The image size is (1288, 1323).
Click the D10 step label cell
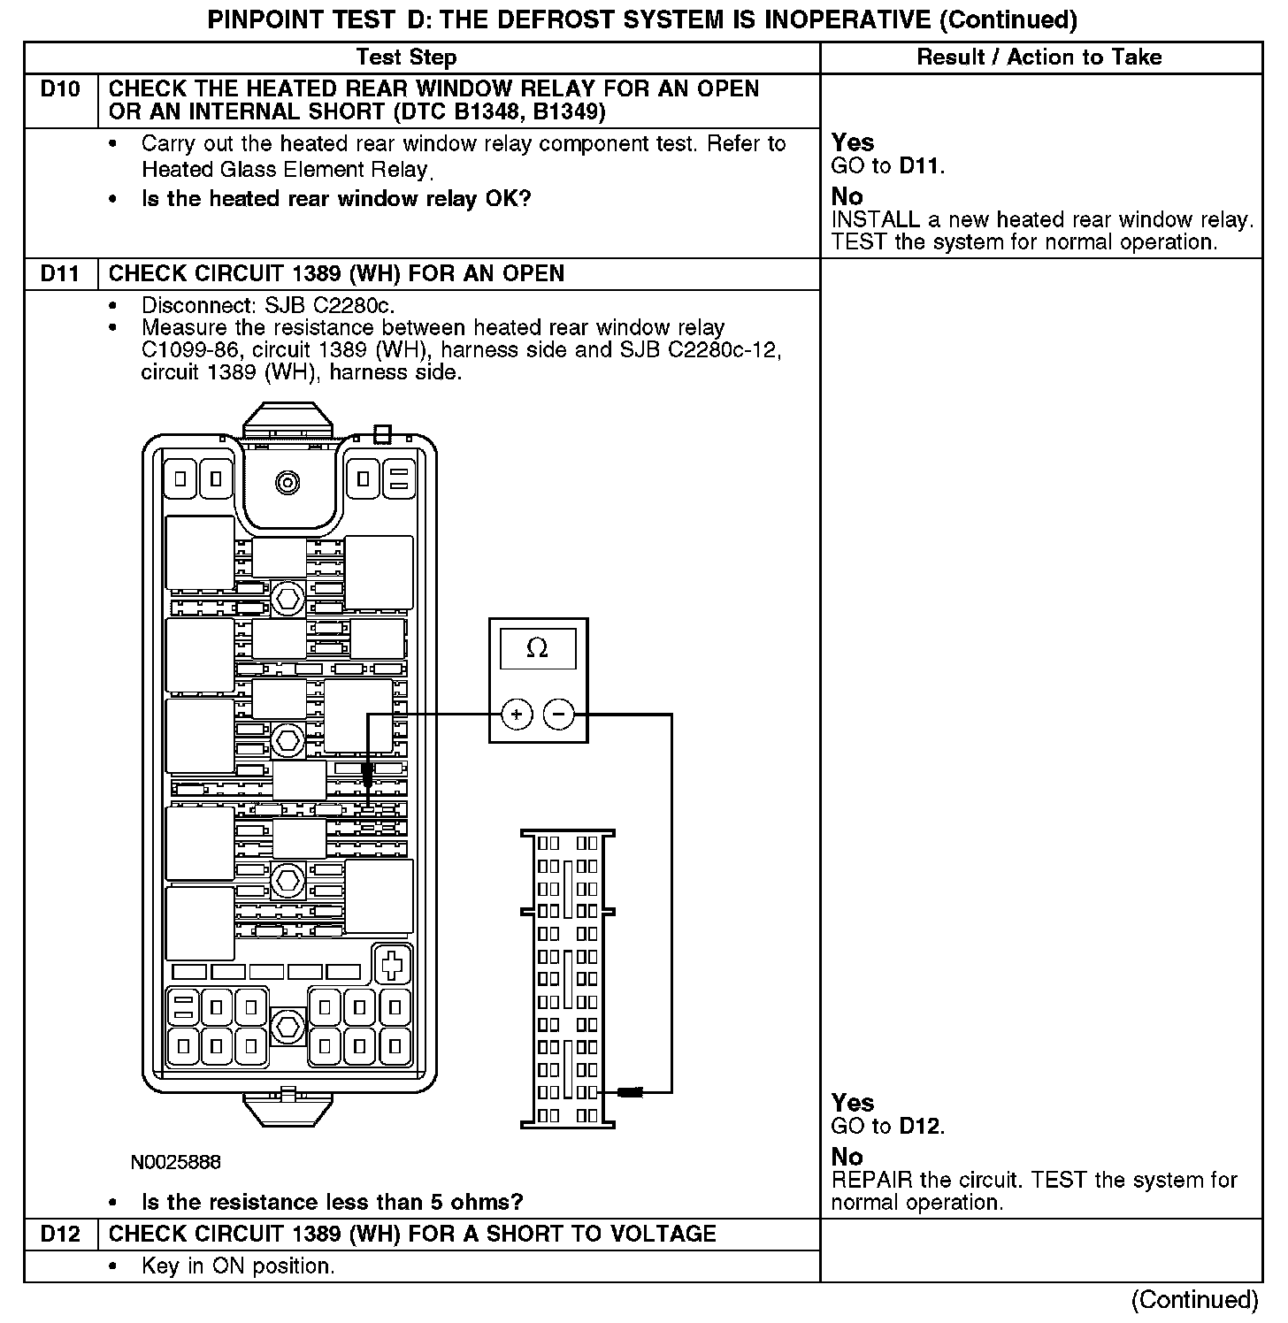(60, 89)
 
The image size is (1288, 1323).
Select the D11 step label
(60, 273)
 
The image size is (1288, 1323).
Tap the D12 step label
(60, 1234)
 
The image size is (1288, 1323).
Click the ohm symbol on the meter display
(537, 649)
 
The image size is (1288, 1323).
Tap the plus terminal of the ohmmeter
(517, 714)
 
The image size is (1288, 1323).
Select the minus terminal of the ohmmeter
(558, 714)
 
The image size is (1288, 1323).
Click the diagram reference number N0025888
(175, 1161)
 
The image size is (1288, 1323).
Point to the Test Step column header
(406, 57)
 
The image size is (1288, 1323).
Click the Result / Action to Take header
(1039, 57)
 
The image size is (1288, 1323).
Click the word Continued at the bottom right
(1194, 1300)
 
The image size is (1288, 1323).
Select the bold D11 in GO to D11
(920, 165)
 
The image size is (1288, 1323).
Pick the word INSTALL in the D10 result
(876, 219)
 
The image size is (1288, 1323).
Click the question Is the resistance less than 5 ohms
(332, 1202)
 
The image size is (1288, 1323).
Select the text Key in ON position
(238, 1266)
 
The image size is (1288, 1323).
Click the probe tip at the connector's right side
(630, 1092)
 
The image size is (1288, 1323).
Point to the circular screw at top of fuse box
(287, 482)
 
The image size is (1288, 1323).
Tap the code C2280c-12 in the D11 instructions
(725, 349)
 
